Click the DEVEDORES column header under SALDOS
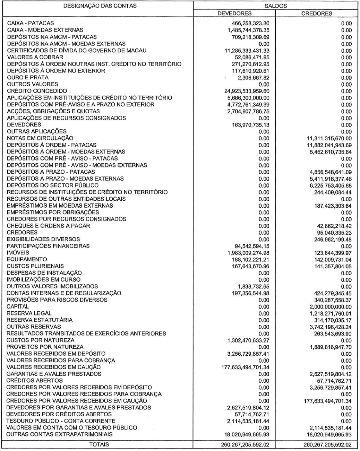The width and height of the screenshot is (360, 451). click(x=234, y=14)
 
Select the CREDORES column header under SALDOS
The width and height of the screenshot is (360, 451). click(x=317, y=14)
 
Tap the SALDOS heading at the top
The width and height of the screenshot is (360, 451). click(x=275, y=6)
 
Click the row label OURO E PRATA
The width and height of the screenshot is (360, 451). click(x=28, y=78)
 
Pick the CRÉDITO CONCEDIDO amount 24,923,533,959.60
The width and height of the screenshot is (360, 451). click(x=247, y=91)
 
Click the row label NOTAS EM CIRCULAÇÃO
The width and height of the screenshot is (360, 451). click(x=40, y=138)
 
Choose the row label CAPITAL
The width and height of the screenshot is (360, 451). click(x=18, y=307)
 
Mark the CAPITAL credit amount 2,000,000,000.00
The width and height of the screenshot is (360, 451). click(x=329, y=307)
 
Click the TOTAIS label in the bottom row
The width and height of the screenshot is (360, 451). click(x=99, y=444)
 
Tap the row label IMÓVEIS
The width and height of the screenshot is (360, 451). click(x=18, y=253)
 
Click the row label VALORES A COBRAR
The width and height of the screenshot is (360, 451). click(x=35, y=57)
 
